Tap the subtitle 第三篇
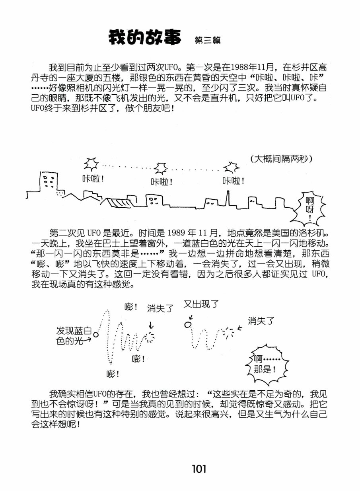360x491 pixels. pyautogui.click(x=207, y=40)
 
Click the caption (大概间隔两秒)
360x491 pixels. pyautogui.click(x=281, y=159)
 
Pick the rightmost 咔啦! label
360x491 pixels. pyautogui.click(x=234, y=181)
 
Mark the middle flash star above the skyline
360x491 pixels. pyautogui.click(x=161, y=168)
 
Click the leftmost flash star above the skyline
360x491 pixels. pyautogui.click(x=91, y=163)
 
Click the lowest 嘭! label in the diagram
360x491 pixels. pyautogui.click(x=113, y=374)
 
